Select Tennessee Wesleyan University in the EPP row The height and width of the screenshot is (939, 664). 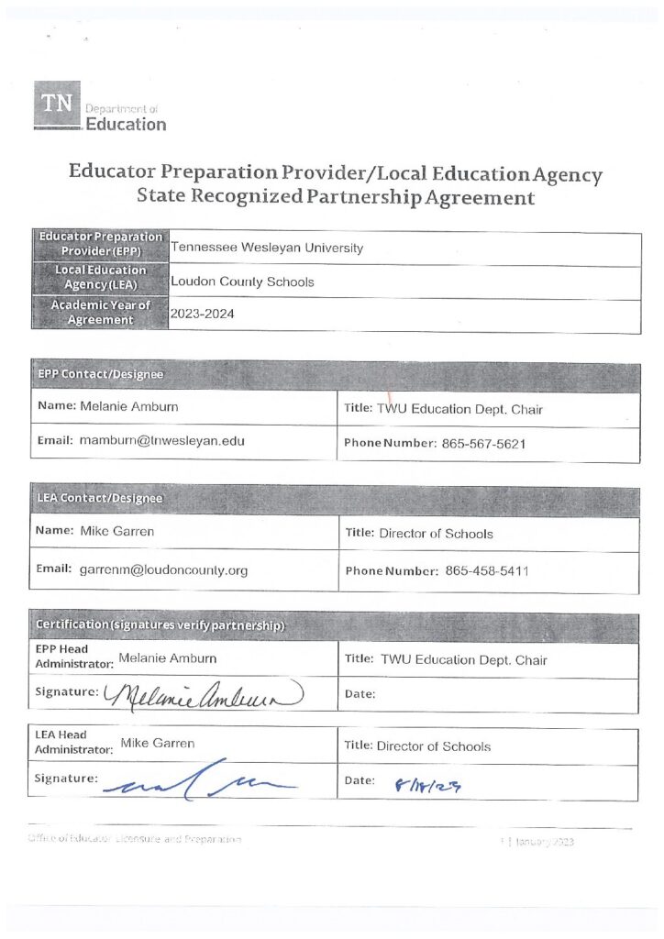tap(267, 248)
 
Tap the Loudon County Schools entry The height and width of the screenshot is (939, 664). tap(242, 282)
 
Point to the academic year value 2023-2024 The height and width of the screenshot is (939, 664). tap(203, 314)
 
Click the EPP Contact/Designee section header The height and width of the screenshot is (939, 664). tap(101, 374)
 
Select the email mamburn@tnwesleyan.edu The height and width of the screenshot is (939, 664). tap(161, 441)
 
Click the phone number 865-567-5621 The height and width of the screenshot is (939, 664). tap(483, 443)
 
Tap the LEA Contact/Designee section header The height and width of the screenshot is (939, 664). tap(99, 498)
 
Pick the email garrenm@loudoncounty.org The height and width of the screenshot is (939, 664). tap(163, 569)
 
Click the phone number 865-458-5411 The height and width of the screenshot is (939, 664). tap(487, 570)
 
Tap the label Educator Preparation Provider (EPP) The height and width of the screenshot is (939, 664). tap(100, 243)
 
